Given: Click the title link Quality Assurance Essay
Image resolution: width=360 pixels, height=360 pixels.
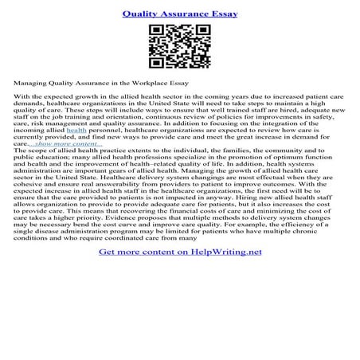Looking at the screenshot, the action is (x=180, y=14).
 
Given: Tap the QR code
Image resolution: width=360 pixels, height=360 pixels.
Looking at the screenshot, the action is (x=179, y=46).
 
